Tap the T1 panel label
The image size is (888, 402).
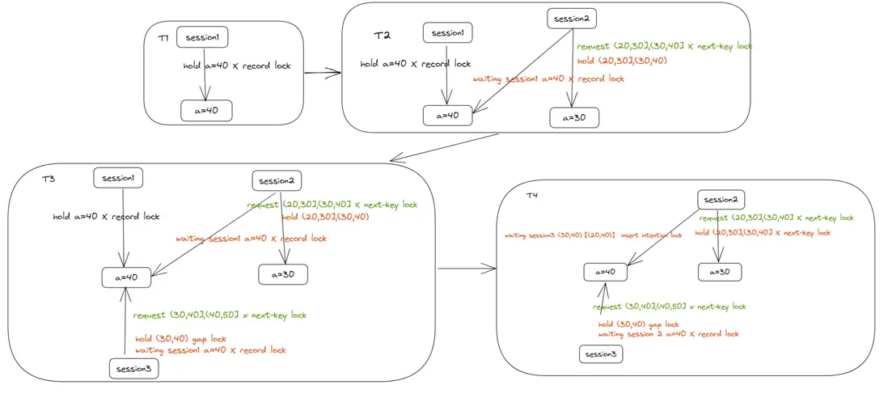163,37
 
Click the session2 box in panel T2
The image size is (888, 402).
573,18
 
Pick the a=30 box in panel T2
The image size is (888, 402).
574,117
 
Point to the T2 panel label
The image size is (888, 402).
382,36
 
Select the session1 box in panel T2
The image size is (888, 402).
447,32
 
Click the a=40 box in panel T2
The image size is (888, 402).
447,116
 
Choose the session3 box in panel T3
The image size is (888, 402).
134,369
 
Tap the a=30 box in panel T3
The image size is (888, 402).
282,274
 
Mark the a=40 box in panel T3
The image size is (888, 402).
126,277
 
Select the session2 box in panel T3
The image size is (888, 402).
277,180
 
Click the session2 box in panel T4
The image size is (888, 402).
721,200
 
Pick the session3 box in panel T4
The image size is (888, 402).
601,354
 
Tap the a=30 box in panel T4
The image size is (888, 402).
720,272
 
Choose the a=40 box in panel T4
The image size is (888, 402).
605,272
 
